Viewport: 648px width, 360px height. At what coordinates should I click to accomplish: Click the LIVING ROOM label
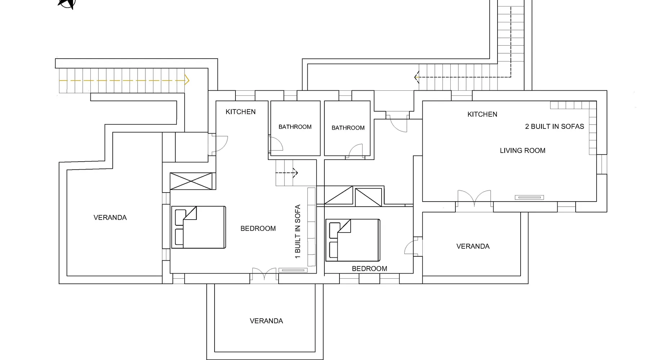pos(522,150)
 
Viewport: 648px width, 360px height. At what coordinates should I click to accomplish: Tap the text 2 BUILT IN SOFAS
pos(554,126)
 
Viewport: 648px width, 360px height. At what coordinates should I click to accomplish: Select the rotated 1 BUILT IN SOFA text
pos(298,231)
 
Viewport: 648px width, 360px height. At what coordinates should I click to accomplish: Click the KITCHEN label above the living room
pos(482,114)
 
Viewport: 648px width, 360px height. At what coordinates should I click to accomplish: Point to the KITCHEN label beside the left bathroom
pos(240,112)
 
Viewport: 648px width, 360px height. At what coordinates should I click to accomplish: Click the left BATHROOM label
pos(295,127)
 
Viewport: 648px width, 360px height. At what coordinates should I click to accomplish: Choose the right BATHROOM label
pos(348,128)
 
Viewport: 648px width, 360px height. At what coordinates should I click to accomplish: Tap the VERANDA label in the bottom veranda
pos(266,321)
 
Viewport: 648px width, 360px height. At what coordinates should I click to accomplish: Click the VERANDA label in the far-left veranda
pos(110,217)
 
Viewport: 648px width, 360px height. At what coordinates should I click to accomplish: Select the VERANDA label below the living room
pos(473,246)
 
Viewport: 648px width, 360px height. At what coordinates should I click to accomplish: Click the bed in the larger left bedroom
pos(198,227)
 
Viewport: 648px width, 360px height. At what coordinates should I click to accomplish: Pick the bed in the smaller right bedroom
pos(353,240)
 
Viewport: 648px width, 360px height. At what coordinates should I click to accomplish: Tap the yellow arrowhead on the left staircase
pos(187,80)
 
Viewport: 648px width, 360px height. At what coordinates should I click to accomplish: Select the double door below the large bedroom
pos(265,274)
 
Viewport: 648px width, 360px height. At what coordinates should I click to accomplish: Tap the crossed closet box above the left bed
pos(191,181)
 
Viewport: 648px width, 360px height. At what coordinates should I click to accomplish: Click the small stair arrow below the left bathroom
pos(287,173)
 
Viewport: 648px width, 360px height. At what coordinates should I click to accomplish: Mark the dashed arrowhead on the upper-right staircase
pos(417,77)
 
